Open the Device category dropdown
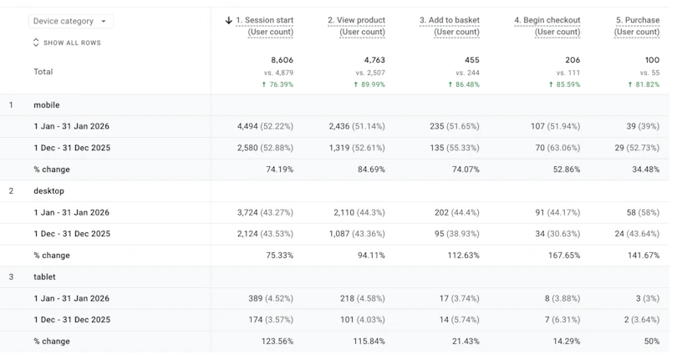point(71,22)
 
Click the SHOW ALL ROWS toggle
point(67,43)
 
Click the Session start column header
point(264,26)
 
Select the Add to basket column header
point(450,26)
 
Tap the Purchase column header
point(637,26)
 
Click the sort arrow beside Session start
point(229,20)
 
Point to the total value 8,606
point(282,60)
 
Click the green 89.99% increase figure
point(369,84)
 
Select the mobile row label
point(47,104)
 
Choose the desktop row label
point(48,191)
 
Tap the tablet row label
point(44,276)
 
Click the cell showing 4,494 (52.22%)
point(265,126)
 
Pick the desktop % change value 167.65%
point(564,256)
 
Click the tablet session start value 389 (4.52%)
point(271,298)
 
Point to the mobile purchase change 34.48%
point(646,169)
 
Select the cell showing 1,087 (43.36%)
point(357,234)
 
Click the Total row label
point(43,72)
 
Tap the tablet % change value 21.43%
point(466,342)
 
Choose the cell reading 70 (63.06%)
point(557,148)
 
